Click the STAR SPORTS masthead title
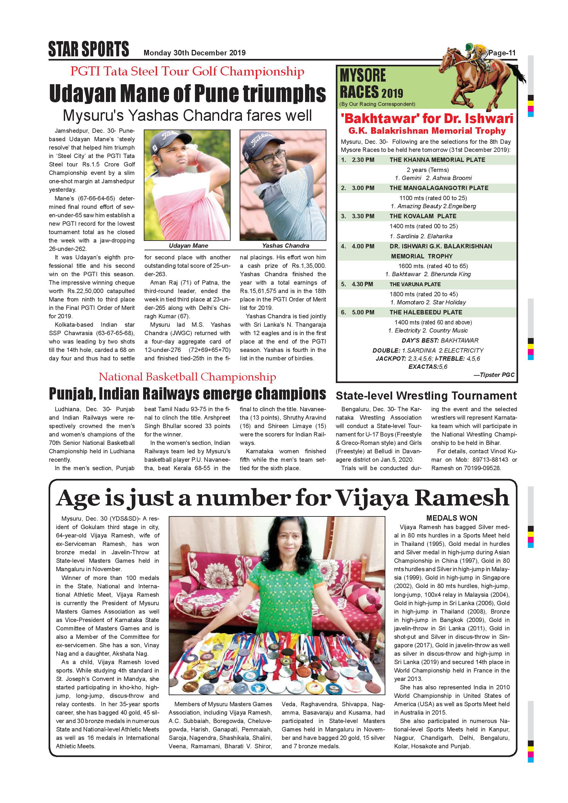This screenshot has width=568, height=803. click(88, 49)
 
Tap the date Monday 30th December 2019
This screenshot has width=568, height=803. click(195, 53)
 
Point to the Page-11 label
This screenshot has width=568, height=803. click(502, 53)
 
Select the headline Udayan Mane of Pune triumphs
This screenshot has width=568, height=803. click(187, 93)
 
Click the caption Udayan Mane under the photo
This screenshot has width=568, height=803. click(188, 245)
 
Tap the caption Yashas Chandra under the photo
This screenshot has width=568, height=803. click(285, 245)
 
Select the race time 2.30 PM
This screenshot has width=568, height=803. click(363, 160)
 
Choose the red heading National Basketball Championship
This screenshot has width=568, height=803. click(187, 377)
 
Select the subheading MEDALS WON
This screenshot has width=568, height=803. click(451, 518)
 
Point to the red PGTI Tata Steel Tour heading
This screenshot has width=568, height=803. click(187, 71)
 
